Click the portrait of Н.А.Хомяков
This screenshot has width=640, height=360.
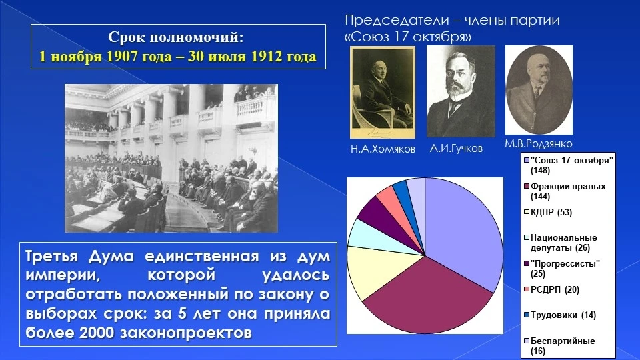383,92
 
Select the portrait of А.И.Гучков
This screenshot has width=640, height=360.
461,91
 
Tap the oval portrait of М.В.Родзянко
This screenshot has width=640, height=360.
539,90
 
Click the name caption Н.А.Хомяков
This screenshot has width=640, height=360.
383,149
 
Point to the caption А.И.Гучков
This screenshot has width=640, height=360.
456,148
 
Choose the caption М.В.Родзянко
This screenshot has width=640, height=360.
539,144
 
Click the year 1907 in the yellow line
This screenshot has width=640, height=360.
122,56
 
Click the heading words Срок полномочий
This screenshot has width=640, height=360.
175,37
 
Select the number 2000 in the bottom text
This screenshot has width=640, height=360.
97,333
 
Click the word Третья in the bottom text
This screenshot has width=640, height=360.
51,256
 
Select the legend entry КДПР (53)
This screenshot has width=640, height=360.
548,212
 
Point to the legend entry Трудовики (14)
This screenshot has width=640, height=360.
560,315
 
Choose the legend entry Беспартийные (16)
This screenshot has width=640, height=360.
559,346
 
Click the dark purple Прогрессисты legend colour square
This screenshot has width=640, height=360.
527,264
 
